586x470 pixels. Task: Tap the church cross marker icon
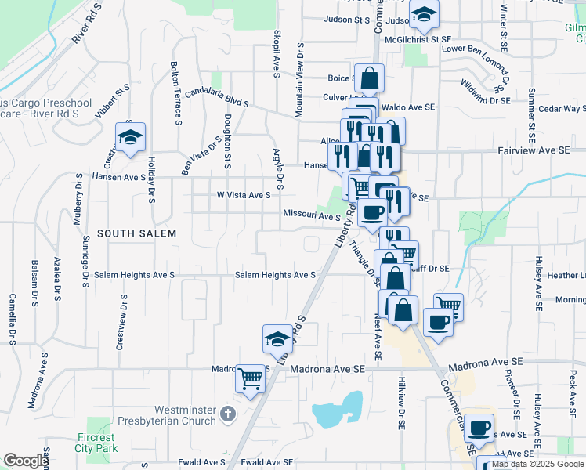tap(227, 413)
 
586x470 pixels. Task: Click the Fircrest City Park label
tap(96, 443)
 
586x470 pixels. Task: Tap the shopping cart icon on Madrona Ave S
tap(251, 379)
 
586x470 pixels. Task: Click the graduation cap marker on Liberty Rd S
tap(277, 339)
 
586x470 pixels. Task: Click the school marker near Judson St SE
tap(424, 14)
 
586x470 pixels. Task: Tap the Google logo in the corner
tap(26, 461)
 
